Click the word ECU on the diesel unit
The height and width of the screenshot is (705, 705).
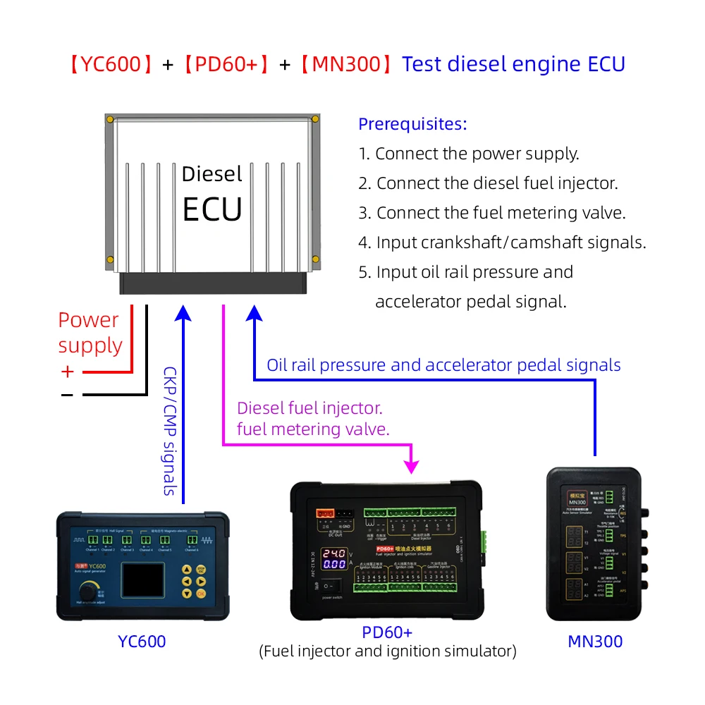click(212, 209)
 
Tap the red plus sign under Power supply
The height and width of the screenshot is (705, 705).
click(67, 372)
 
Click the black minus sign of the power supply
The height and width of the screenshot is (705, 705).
click(67, 396)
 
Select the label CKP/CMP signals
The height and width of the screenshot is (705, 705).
click(170, 430)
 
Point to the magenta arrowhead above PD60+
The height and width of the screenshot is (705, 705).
click(412, 466)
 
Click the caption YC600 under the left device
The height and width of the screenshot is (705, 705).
click(142, 641)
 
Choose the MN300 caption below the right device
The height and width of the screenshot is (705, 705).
click(595, 641)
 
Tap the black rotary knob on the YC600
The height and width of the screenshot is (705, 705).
click(90, 590)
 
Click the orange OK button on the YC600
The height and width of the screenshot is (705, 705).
click(202, 594)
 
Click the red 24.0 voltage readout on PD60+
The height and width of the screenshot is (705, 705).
click(334, 553)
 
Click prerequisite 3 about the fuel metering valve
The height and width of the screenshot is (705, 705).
click(492, 213)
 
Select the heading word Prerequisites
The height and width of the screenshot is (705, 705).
click(412, 124)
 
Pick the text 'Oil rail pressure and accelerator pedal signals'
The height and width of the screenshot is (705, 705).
click(443, 365)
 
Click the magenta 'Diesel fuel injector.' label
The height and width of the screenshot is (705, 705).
click(309, 407)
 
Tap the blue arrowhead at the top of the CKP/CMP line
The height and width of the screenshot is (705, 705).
click(183, 311)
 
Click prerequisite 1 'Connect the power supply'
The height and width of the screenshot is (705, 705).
click(469, 154)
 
